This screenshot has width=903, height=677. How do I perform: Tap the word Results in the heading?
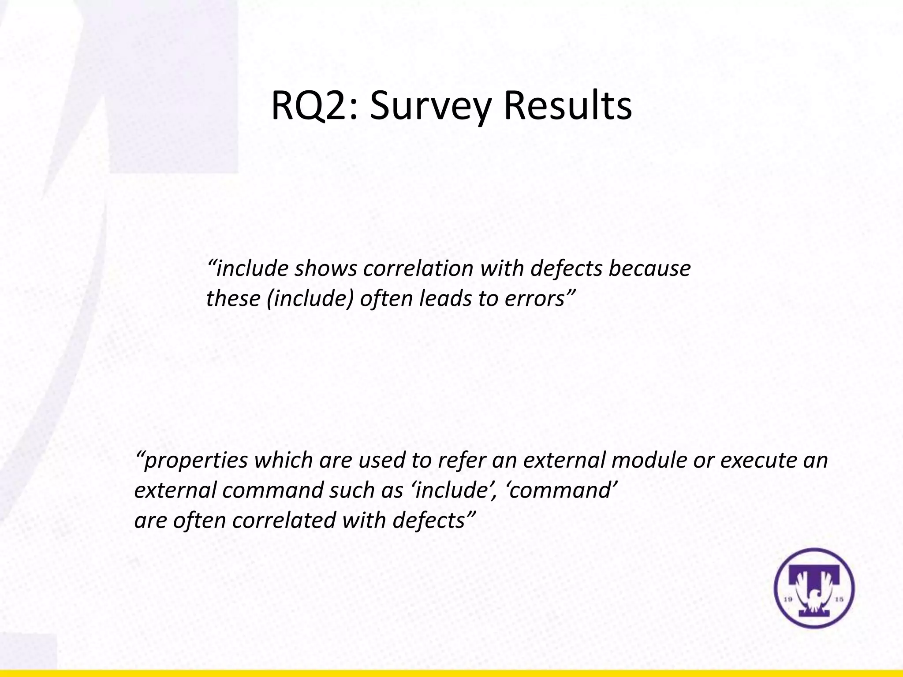[568, 106]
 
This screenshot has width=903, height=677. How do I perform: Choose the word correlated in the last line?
[284, 520]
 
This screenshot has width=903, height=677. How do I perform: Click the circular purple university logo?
[814, 588]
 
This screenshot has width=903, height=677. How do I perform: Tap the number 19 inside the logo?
[789, 599]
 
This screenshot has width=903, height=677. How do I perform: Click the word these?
[233, 298]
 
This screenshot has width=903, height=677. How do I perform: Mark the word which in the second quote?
[284, 460]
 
